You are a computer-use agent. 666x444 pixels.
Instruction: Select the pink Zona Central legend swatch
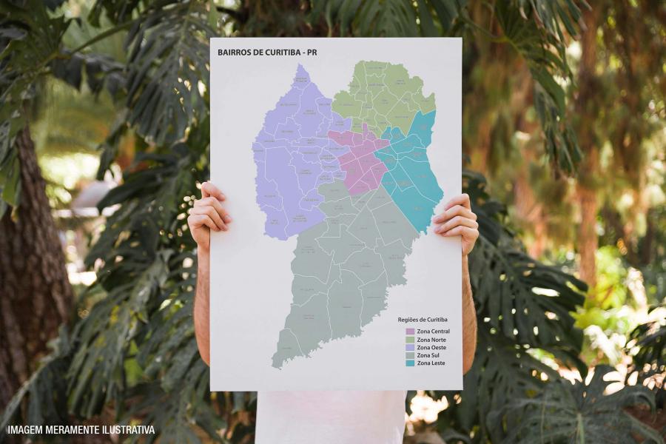(x=410, y=331)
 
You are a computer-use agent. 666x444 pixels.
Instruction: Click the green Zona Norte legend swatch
(x=410, y=339)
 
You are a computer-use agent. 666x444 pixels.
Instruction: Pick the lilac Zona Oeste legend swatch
(x=410, y=347)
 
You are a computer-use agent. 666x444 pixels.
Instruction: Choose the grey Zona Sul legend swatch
(x=410, y=355)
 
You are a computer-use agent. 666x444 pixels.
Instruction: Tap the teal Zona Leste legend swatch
(x=410, y=363)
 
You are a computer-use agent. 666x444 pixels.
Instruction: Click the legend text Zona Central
(x=434, y=331)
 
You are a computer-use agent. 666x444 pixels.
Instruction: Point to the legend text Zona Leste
(x=431, y=363)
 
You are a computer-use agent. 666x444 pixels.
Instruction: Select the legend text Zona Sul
(x=429, y=355)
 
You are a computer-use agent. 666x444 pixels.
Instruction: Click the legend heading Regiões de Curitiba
(x=423, y=320)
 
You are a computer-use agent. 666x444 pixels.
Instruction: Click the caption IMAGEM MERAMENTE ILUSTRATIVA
(x=81, y=430)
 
